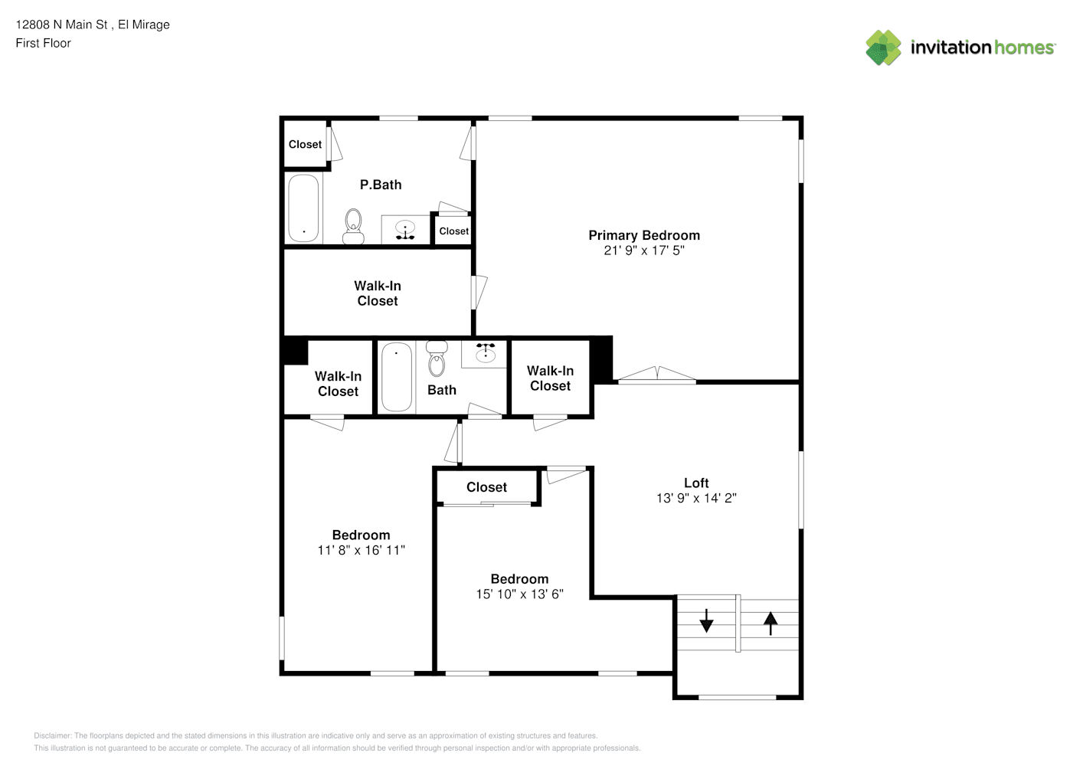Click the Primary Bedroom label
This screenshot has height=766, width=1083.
point(644,235)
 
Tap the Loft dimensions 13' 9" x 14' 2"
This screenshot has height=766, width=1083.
point(696,498)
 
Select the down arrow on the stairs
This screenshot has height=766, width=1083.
point(706,620)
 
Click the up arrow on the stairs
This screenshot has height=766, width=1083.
point(771,624)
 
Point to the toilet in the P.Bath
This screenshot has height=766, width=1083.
point(353,227)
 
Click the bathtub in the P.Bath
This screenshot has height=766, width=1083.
point(303,208)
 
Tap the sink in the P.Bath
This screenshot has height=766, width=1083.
point(405,229)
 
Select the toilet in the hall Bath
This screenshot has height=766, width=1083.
point(437,358)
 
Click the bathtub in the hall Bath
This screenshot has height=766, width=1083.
point(397,377)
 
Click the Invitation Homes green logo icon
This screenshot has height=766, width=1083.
point(883,47)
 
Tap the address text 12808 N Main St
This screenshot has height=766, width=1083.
point(62,25)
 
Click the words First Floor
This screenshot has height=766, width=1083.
point(43,43)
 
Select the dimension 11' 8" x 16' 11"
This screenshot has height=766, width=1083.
point(362,550)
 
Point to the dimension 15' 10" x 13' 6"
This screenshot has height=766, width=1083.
point(520,594)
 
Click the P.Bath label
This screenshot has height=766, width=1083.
point(381,185)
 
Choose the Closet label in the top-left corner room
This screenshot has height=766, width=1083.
point(305,144)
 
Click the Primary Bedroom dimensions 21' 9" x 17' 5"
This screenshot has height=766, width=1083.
point(644,250)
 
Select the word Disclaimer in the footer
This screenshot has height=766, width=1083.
point(52,735)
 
